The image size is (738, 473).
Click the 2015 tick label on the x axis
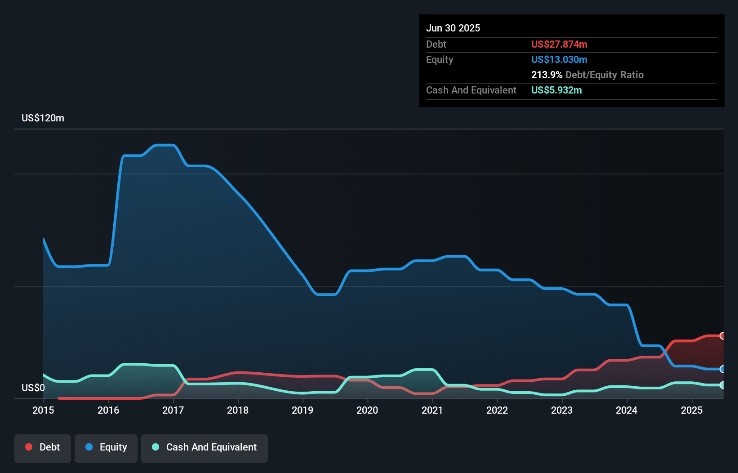43,410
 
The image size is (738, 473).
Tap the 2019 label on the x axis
302,410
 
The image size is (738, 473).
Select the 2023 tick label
562,410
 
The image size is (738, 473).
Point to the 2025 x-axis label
691,410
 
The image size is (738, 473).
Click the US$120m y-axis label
43,118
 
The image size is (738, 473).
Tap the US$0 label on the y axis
33,388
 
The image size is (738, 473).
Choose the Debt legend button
43,447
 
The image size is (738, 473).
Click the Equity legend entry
106,447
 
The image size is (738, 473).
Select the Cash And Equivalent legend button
205,447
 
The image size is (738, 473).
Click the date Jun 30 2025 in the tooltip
453,28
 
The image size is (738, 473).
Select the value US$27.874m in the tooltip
559,45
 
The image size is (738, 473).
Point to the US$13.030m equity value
559,60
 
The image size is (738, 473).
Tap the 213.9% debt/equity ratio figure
547,75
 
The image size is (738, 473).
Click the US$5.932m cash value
556,90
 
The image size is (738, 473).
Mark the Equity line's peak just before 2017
164,145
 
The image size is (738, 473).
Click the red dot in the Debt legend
29,447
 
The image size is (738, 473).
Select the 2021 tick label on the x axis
432,410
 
